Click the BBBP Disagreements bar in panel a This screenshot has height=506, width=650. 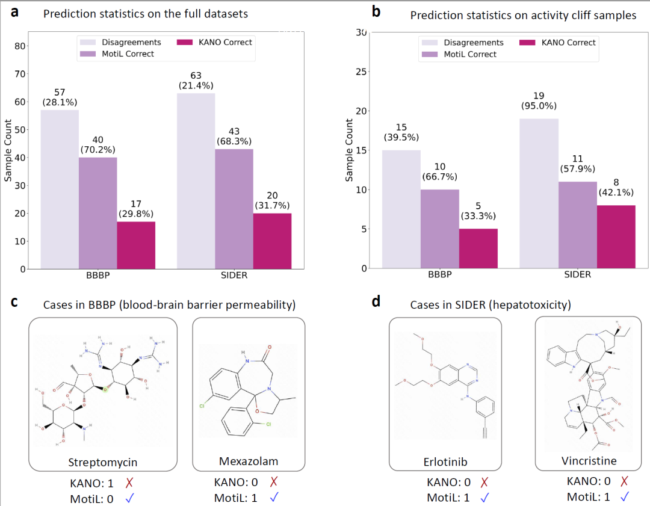click(x=60, y=189)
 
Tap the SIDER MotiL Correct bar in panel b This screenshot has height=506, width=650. click(x=578, y=224)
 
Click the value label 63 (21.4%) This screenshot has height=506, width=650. click(x=196, y=80)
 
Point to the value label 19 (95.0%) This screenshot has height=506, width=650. click(x=539, y=100)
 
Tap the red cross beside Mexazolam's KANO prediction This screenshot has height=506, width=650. click(x=274, y=482)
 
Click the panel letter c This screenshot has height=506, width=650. click(x=15, y=302)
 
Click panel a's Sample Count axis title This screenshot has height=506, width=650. click(x=8, y=151)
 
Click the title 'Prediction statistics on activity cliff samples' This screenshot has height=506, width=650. click(x=523, y=15)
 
